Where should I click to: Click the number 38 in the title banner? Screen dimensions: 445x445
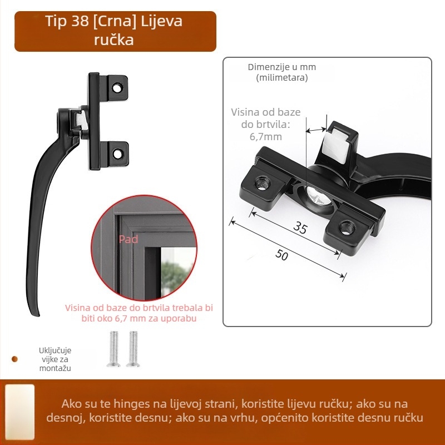pos(80,21)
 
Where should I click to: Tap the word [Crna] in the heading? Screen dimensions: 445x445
pos(115,22)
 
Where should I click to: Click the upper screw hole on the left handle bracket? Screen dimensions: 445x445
pos(117,88)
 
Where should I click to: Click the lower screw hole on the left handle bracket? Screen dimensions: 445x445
pos(118,154)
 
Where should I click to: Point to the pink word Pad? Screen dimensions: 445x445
pos(128,239)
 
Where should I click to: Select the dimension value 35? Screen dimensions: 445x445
pos(300,228)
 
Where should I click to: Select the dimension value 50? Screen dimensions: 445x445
pos(281,255)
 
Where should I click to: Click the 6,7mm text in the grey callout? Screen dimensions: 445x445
pos(266,137)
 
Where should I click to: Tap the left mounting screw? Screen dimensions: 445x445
pos(113,349)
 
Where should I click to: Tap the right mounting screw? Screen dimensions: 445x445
pos(133,349)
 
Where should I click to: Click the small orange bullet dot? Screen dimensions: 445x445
pos(15,359)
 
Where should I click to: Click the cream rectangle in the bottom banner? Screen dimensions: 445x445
pos(20,412)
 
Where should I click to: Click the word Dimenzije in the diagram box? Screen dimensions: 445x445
pos(266,67)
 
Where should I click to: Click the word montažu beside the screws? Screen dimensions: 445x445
pos(55,368)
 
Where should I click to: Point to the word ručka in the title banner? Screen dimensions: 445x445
pos(114,39)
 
